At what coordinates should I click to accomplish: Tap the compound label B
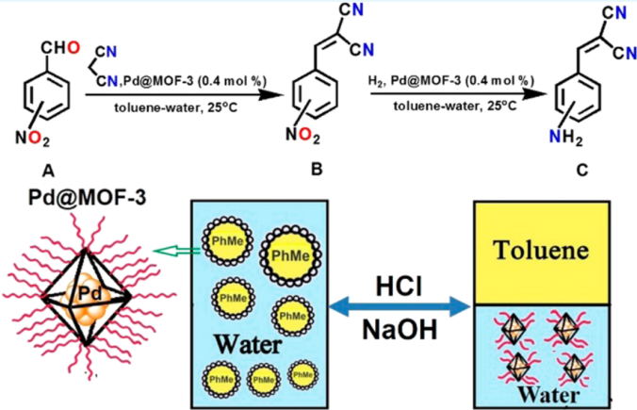316,171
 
